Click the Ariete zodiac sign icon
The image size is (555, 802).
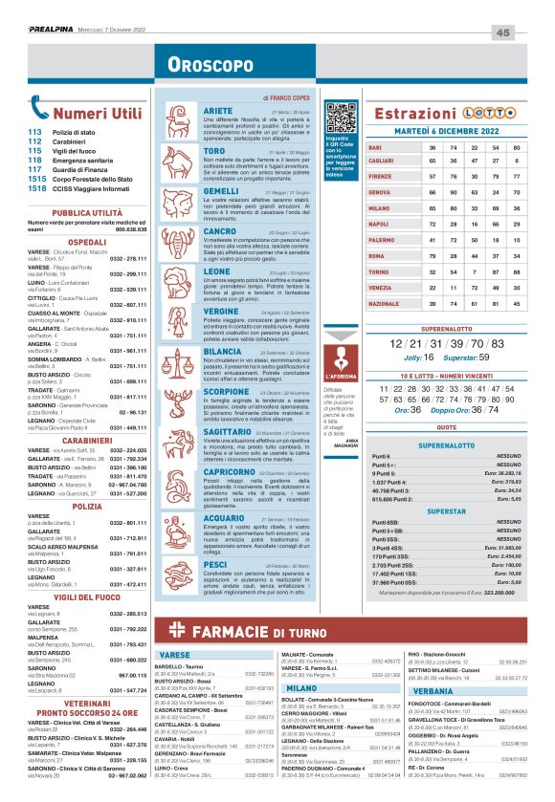tap(181, 121)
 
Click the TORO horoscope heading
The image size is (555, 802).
tap(214, 151)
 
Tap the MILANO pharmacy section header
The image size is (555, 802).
tap(301, 687)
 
